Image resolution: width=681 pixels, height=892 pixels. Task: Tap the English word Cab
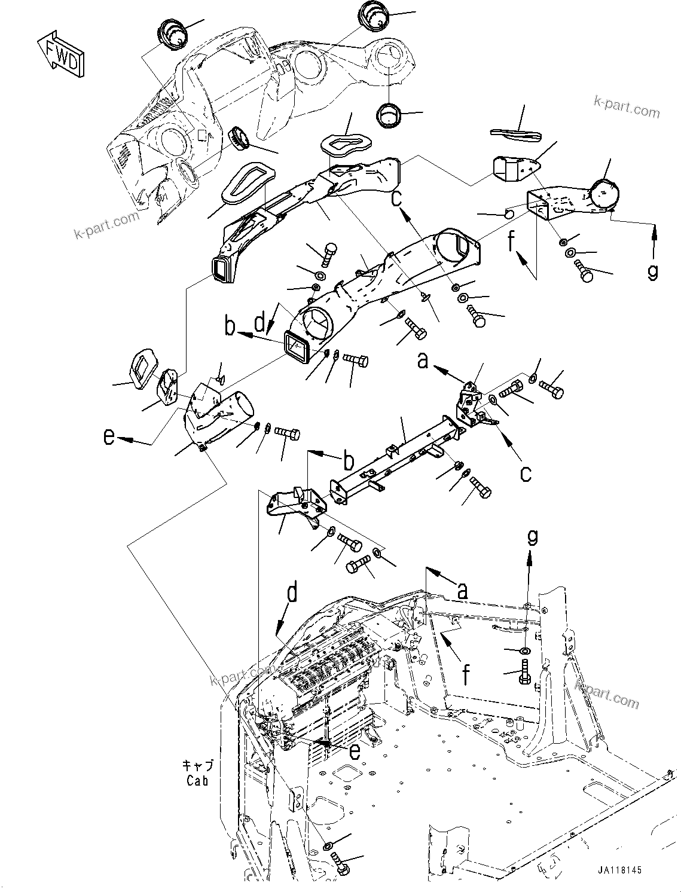[197, 780]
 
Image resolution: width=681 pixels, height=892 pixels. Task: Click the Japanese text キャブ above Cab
[197, 766]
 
